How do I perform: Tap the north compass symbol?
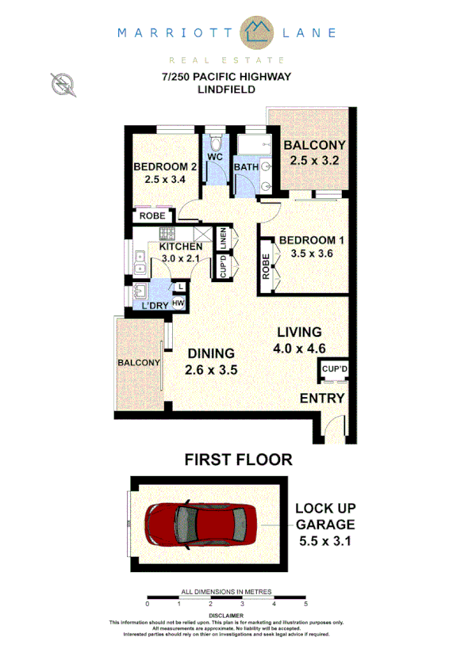point(60,83)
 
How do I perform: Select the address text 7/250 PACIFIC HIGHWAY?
point(226,77)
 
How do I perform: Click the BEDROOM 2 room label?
point(165,166)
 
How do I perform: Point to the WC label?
point(214,157)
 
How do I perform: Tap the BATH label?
point(246,167)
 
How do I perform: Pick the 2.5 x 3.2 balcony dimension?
point(314,160)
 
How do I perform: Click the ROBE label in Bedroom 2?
point(152,215)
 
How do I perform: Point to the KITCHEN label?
point(182,246)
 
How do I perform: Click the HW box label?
point(179,303)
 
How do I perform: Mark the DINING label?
point(211,353)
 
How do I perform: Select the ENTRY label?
point(322,399)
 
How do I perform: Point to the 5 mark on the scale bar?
point(305,604)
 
